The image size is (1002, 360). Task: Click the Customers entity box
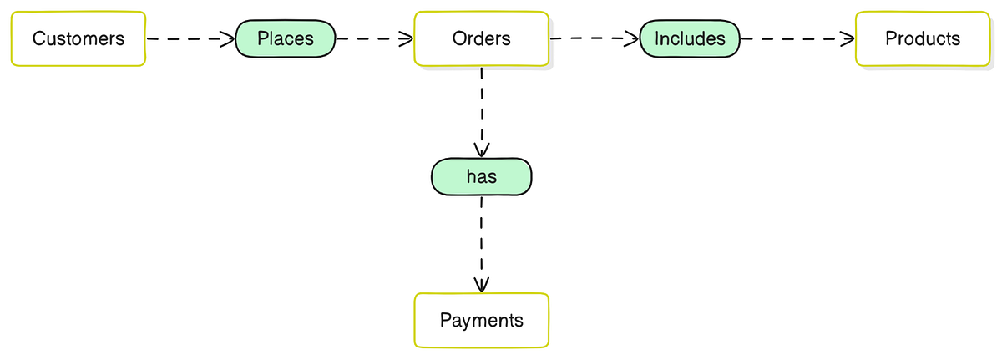coord(78,38)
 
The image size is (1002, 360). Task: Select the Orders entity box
coord(482,38)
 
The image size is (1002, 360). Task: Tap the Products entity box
coord(923,38)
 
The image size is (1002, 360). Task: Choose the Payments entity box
coord(482,320)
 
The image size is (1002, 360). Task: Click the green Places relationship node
coord(286,38)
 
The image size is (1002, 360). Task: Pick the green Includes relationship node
coord(690,38)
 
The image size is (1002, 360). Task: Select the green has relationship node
coord(481,177)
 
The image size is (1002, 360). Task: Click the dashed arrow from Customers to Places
coord(188,38)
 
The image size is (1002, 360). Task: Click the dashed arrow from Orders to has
coord(482,109)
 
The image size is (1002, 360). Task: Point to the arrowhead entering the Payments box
coord(482,286)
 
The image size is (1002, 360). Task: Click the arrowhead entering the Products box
coord(848,38)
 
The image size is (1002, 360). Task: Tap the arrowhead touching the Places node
coord(227,38)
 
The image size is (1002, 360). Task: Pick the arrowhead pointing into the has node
coord(481,150)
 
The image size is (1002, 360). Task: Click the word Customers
coord(78,38)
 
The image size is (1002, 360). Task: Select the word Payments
coord(482,320)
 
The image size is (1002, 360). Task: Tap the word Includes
coord(690,38)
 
